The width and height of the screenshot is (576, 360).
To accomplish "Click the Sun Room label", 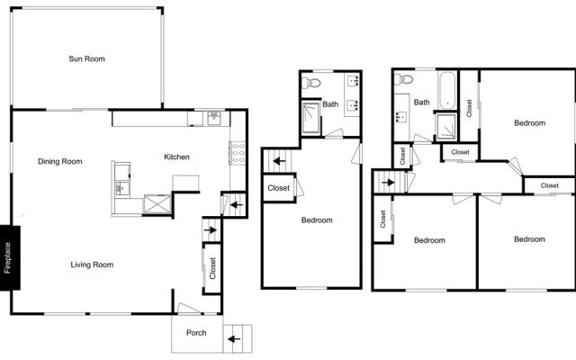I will coord(87,59).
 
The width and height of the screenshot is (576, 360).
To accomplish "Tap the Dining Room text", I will coord(60,162).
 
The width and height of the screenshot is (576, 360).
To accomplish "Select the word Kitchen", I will coord(176,157).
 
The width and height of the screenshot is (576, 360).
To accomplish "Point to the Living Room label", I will coord(92,265).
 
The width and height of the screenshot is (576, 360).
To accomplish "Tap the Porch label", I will coord(196,333).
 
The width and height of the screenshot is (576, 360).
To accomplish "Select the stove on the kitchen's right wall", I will coord(238,152).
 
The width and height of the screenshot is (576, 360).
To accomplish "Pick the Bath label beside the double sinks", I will coord(331,104).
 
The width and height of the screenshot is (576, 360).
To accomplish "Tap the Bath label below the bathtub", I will coord(421,103).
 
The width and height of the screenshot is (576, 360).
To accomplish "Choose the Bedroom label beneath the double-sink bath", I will coord(317,220).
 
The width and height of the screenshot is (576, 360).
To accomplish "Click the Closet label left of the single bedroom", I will coord(278,188).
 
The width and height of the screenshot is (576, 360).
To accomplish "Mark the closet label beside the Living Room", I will coord(213,269).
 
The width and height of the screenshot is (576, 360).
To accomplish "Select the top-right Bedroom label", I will coord(529,123).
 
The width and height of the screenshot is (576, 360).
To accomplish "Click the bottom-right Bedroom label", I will coord(529,239).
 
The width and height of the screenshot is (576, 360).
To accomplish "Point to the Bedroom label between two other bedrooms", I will coord(429,240).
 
